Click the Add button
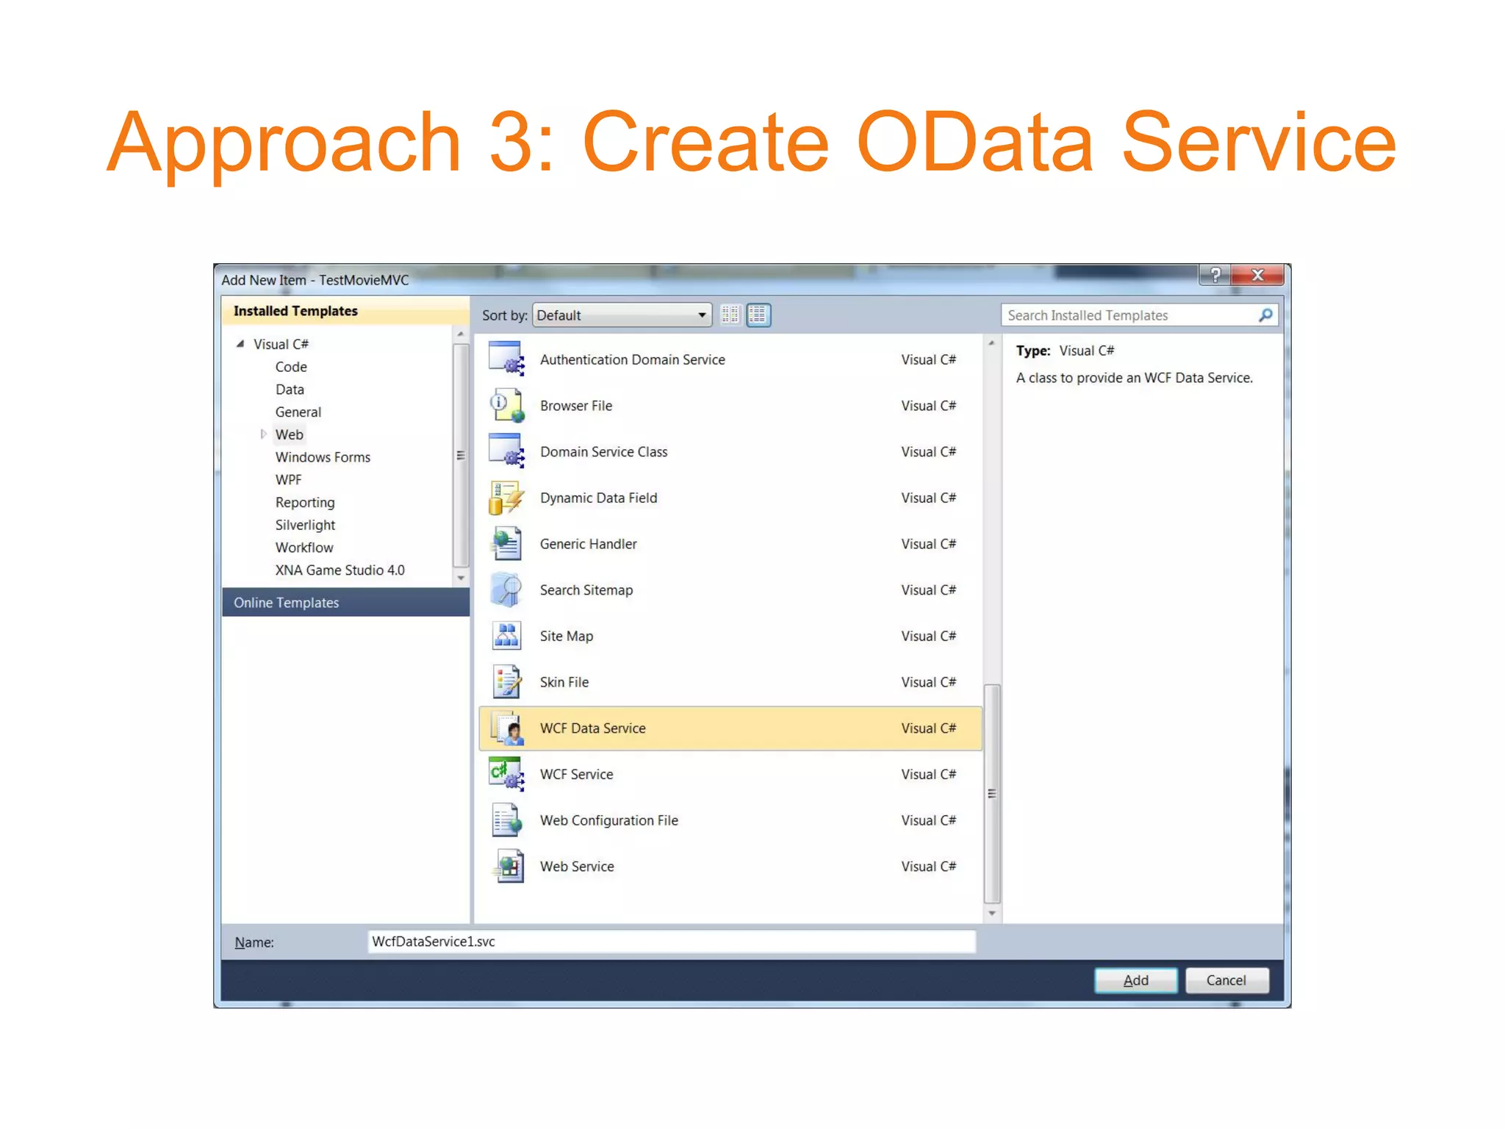coord(1135,980)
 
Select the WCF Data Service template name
coord(592,728)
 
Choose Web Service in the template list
coord(577,867)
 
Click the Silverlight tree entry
coord(305,525)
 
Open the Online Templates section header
coord(286,603)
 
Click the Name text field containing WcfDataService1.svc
coord(671,942)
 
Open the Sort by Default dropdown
coord(622,315)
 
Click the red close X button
coord(1257,275)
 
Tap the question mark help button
coord(1215,275)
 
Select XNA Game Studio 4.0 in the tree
coord(340,570)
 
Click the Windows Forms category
coord(323,457)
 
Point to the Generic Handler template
coord(588,544)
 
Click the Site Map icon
coord(506,636)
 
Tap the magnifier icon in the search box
coord(1265,315)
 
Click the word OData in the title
coord(974,142)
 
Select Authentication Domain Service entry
coord(632,359)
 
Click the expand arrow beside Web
coord(263,434)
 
